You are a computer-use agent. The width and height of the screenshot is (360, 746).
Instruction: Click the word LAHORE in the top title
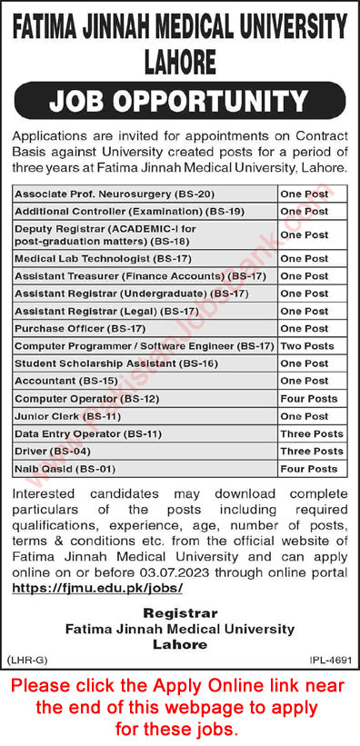[x=179, y=61]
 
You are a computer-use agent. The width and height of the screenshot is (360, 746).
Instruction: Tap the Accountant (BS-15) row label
[x=55, y=381]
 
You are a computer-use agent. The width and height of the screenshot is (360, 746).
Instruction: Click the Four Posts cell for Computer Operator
[x=309, y=399]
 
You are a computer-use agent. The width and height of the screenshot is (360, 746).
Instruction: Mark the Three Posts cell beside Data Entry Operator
[x=312, y=433]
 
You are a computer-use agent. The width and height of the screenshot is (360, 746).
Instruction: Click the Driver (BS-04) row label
[x=45, y=451]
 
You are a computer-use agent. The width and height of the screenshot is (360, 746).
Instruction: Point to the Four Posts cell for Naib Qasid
[x=309, y=469]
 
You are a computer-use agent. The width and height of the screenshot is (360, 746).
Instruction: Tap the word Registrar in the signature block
[x=179, y=614]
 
